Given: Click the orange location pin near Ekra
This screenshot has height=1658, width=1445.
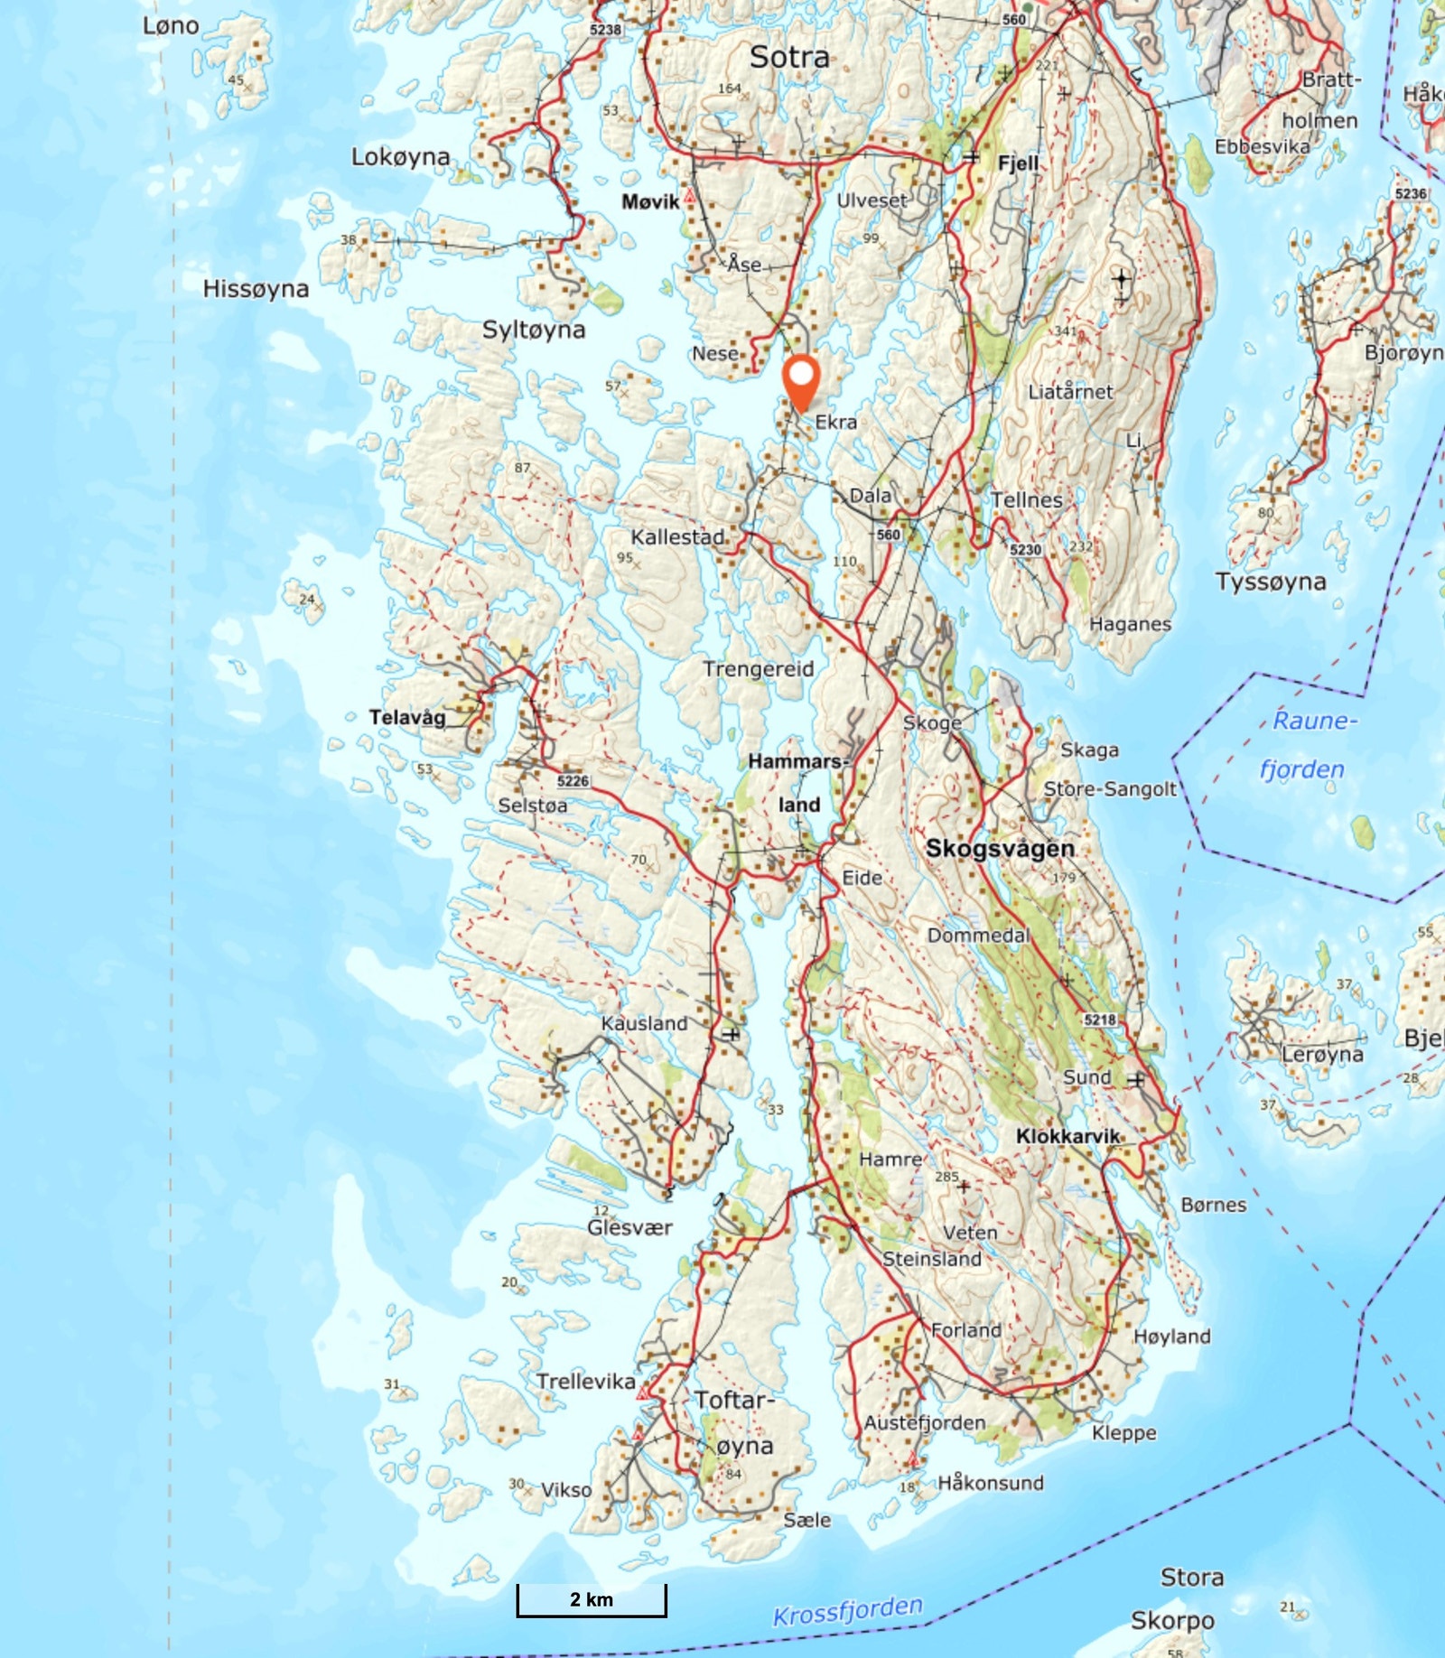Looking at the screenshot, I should point(800,382).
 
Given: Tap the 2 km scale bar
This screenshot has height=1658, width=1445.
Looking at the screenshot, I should point(592,1599).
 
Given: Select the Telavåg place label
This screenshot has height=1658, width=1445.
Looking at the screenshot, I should point(407,717).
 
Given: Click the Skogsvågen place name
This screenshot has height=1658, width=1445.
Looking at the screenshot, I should point(1000,848).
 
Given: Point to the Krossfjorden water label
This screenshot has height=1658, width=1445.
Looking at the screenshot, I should point(847,1610).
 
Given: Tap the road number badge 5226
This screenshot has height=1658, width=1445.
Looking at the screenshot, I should point(573,781).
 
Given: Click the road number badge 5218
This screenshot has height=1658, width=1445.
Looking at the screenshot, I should point(1100,1020).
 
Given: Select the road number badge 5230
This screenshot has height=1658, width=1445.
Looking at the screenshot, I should point(1025,549).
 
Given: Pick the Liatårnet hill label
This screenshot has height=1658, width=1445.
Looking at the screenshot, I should point(1070,392).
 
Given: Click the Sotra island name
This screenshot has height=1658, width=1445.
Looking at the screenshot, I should point(789,57).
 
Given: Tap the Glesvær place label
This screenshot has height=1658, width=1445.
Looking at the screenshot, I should point(629,1227).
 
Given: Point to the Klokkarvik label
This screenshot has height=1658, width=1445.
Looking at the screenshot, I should point(1067,1136).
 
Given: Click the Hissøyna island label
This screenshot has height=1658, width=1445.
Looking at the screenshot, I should point(256,289).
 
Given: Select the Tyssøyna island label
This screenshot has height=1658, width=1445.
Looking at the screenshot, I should point(1270,582).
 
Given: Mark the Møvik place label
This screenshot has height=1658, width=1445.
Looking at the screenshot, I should point(650,201).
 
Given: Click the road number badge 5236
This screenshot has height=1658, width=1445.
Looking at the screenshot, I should point(1411,193).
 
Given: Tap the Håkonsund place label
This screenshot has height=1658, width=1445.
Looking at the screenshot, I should point(990,1482).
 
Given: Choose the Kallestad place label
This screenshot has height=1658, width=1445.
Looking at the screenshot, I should point(677,537).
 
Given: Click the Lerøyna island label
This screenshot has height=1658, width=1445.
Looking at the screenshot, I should point(1322,1054).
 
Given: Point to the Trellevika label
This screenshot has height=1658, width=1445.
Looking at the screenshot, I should point(585,1381).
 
